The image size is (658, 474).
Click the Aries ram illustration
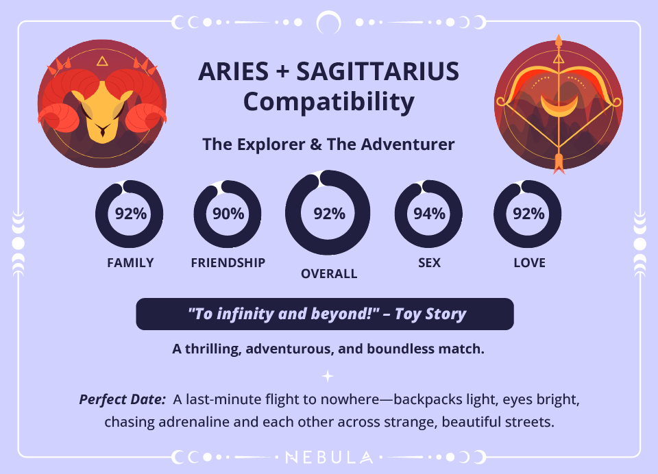(101, 104)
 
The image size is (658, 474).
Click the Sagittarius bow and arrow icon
(558, 104)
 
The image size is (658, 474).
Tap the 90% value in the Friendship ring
(228, 214)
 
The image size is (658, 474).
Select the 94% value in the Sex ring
(430, 214)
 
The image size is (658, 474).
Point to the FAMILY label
(130, 263)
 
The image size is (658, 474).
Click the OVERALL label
(329, 274)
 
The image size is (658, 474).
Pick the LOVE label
(529, 263)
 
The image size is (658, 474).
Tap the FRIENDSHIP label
(228, 263)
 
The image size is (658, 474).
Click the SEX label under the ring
(430, 263)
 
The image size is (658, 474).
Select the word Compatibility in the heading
(329, 102)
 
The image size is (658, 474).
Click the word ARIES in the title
(232, 72)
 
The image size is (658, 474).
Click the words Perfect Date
(123, 399)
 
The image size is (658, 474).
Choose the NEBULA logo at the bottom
(329, 457)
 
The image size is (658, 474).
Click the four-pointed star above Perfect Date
(328, 375)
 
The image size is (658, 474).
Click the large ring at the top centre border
(329, 23)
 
